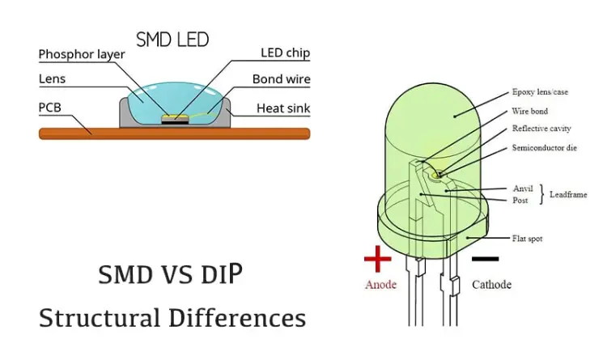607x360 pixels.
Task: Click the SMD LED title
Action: [x=172, y=40]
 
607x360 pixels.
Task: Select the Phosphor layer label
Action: [x=82, y=54]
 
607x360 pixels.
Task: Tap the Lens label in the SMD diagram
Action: [x=53, y=79]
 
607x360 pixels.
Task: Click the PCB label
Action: [x=50, y=108]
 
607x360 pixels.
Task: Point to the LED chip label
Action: [x=286, y=53]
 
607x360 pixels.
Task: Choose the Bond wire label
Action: [x=282, y=79]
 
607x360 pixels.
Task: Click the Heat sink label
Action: [x=283, y=108]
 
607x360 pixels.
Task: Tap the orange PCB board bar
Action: [x=175, y=133]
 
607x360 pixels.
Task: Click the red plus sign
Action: [x=378, y=259]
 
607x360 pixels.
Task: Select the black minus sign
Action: [x=486, y=259]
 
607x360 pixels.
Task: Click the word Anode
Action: [x=381, y=285]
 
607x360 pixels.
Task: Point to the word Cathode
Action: [x=491, y=285]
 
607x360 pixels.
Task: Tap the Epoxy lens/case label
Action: [x=540, y=92]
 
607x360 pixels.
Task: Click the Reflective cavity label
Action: [x=541, y=129]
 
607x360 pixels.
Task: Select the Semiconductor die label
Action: [x=545, y=147]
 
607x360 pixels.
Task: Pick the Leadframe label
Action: [x=568, y=194]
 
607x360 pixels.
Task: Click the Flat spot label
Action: [x=527, y=239]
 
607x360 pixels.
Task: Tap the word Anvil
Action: [x=523, y=188]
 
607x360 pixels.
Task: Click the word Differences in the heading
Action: [x=237, y=318]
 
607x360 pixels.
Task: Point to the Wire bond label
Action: [x=530, y=111]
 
